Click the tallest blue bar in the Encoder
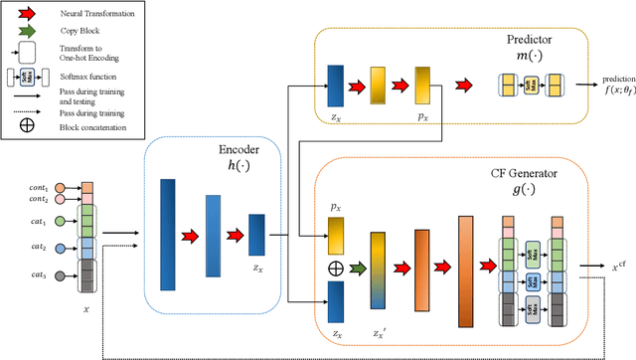coord(167,234)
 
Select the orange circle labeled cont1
coord(61,186)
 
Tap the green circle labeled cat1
coord(61,221)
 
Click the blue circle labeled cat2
coord(61,249)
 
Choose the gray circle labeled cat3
coord(61,275)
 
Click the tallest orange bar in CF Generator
coord(466,270)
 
